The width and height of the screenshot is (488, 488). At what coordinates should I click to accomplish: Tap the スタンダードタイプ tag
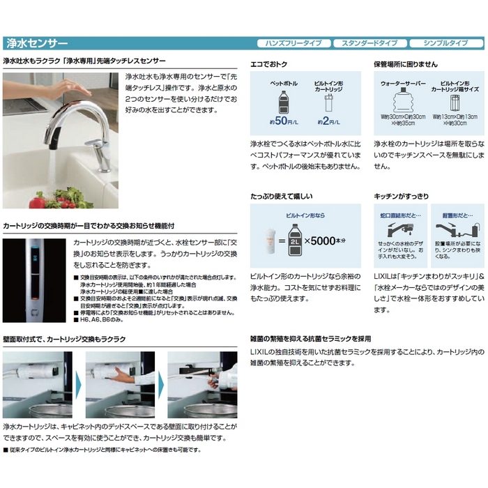pos(369,43)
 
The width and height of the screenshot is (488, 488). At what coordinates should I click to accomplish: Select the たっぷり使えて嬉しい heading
pos(282,197)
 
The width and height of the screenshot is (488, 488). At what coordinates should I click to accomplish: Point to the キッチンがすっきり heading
pos(402,197)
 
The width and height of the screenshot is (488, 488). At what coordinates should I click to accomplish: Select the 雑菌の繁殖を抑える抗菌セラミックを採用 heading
pos(310,338)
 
